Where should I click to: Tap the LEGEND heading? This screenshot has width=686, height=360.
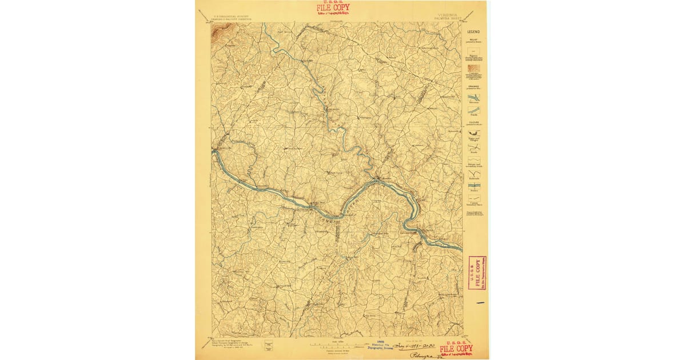tap(473, 32)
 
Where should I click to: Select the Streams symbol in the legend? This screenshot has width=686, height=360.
tap(474, 98)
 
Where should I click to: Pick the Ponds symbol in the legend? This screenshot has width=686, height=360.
tap(474, 110)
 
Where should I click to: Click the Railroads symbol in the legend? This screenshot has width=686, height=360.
tap(474, 174)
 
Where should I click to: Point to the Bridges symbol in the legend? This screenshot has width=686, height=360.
tap(474, 186)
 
